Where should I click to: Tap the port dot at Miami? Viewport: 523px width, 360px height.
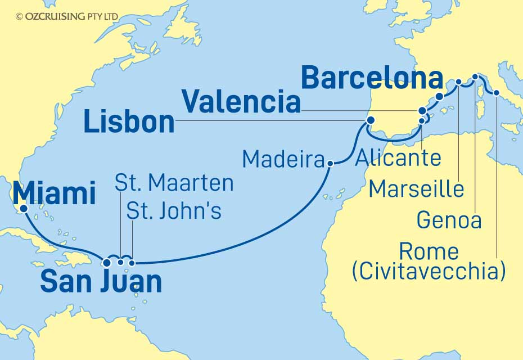24,209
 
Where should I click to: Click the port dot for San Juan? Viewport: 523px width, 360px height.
107,262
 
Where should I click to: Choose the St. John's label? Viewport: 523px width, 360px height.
174,211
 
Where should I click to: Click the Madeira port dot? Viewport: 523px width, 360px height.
330,164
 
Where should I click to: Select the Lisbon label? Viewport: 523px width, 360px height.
129,122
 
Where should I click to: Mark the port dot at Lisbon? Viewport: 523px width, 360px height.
370,120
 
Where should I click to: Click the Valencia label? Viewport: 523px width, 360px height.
240,103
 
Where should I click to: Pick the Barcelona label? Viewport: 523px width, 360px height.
372,78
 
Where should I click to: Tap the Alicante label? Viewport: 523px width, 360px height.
399,158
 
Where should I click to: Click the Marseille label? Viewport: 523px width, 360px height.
416,189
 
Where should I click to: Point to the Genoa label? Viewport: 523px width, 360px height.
449,220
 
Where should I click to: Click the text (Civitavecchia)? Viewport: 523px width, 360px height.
427,272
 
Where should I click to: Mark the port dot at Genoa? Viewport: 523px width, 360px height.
475,76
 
